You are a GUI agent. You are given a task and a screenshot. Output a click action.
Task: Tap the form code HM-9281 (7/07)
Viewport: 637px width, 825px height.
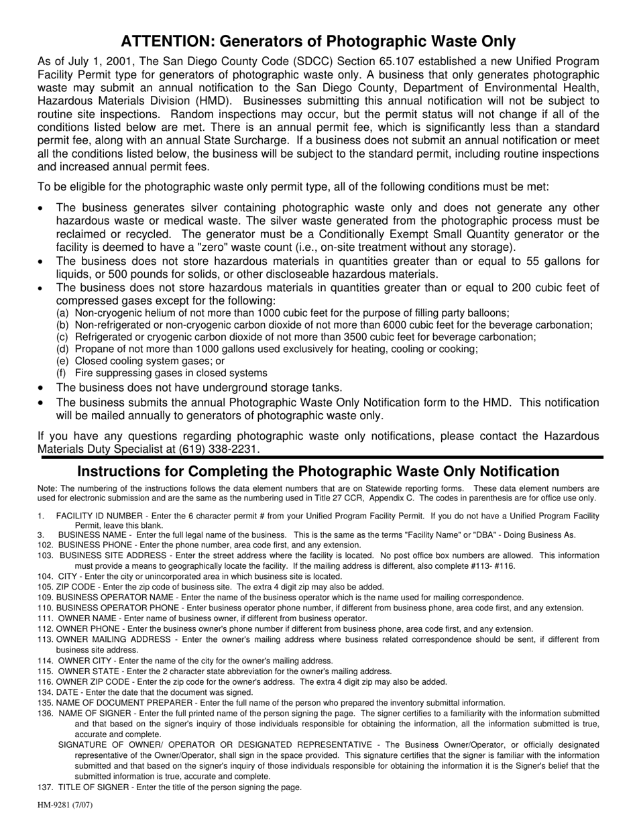coord(65,805)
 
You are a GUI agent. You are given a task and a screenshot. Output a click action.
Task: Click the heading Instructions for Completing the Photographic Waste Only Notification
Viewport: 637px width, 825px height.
coord(318,472)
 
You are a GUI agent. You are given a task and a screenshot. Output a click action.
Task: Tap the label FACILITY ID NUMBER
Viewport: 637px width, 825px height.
coord(99,516)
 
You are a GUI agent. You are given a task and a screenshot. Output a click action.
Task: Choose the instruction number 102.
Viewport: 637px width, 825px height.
coord(45,545)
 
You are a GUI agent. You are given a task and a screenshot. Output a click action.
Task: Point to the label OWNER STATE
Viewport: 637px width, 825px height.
coord(84,671)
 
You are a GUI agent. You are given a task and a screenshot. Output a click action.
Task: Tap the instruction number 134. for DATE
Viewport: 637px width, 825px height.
coord(45,692)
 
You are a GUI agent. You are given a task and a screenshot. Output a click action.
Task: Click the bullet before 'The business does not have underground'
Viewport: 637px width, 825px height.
coord(42,388)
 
